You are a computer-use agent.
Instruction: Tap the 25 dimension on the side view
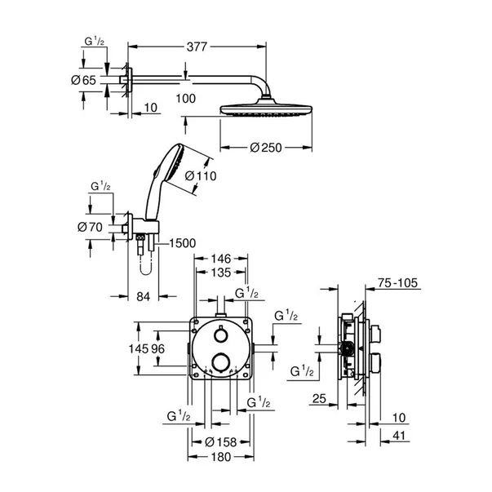tap(319, 399)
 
